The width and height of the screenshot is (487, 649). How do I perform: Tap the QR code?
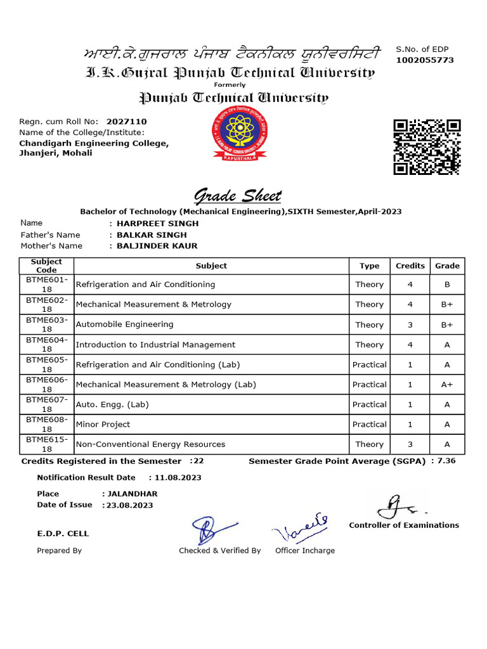pos(426,146)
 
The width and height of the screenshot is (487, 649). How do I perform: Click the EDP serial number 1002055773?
pos(425,60)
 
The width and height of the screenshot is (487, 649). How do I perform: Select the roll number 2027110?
pos(126,121)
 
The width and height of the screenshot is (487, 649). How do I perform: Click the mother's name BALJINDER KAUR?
pos(157,246)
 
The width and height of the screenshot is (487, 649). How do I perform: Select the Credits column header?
pos(410,266)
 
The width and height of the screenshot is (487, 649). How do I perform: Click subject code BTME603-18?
pos(46,324)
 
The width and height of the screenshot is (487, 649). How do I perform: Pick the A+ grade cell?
pos(447,385)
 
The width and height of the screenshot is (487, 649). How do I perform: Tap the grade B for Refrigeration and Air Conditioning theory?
pos(447,285)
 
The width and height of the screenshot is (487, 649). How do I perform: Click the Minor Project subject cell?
pos(103,425)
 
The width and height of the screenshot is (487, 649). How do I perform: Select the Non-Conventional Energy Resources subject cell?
pos(150,444)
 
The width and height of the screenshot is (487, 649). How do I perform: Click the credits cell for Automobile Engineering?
pos(410,324)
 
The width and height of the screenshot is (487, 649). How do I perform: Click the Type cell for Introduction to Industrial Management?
pos(369,345)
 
